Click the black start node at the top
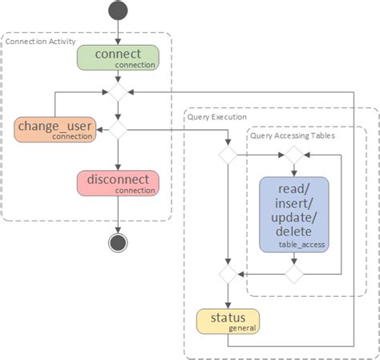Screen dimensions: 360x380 [x=118, y=10]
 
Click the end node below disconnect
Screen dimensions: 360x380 [x=118, y=243]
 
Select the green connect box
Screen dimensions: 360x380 [x=118, y=57]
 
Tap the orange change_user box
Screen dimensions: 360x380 [x=55, y=129]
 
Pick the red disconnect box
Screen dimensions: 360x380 [x=118, y=182]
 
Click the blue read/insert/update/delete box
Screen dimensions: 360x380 [x=293, y=212]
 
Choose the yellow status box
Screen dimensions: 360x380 [x=228, y=321]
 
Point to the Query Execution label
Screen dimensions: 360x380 [x=217, y=116]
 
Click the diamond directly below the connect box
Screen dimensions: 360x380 [x=118, y=93]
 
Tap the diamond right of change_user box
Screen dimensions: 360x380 [x=118, y=128]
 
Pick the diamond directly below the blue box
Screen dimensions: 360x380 [x=293, y=274]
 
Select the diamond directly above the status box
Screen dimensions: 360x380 [x=228, y=274]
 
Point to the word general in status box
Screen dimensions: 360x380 [x=242, y=328]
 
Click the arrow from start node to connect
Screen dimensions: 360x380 [x=118, y=32]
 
